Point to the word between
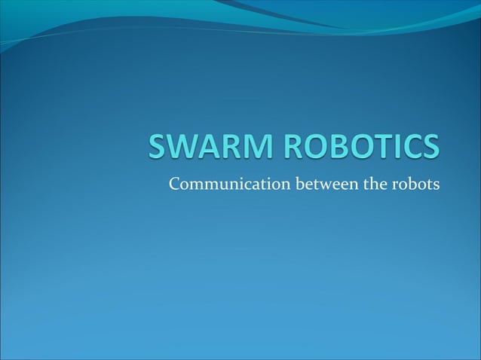pos(320,183)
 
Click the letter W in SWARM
pos(185,148)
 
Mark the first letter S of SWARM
pos(159,148)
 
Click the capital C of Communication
pos(175,183)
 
